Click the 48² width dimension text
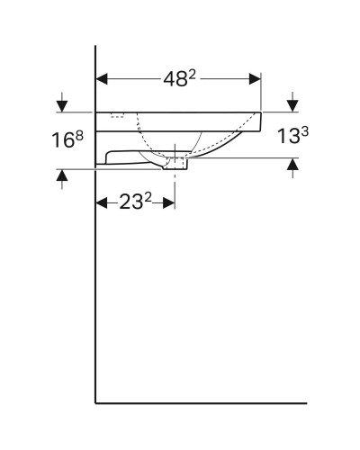click(x=178, y=77)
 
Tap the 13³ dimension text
click(x=293, y=136)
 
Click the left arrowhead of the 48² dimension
click(x=101, y=77)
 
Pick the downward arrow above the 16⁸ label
click(x=61, y=103)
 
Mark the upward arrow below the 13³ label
click(x=292, y=166)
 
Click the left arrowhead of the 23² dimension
click(x=101, y=202)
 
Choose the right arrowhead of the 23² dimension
click(x=169, y=202)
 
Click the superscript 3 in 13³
click(x=306, y=130)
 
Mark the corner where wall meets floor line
click(x=95, y=402)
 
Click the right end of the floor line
click(x=306, y=402)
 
